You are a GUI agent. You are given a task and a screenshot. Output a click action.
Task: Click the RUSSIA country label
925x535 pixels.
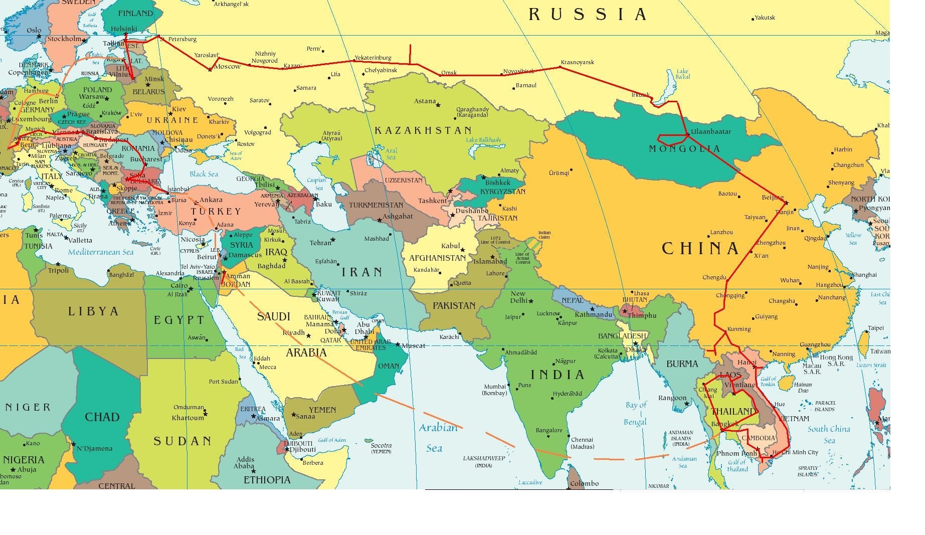[587, 15]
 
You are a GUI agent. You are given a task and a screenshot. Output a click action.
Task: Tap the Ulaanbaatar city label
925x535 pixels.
[710, 132]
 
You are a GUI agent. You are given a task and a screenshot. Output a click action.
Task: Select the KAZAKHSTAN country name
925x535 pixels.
[423, 130]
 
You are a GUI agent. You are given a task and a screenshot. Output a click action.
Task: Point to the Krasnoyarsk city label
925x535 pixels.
[577, 62]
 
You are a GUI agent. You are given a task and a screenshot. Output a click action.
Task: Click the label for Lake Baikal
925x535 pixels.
[682, 74]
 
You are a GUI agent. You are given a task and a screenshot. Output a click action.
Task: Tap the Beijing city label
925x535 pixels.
[772, 198]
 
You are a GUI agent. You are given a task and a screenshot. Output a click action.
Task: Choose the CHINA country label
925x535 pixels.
[700, 248]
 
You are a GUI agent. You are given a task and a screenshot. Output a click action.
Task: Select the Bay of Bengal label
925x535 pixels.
[636, 413]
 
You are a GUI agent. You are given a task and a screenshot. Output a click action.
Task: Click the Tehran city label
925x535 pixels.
[320, 243]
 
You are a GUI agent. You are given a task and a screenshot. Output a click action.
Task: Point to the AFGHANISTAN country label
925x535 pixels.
[438, 258]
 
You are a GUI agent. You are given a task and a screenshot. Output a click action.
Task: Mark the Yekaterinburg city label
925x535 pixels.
[373, 58]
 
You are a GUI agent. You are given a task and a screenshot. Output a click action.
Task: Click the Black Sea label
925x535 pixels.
[204, 174]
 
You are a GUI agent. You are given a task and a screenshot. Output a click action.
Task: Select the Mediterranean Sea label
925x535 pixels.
[101, 252]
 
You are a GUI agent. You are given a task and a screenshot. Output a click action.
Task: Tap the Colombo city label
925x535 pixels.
[584, 483]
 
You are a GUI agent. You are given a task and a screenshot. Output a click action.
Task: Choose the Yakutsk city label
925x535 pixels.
[765, 18]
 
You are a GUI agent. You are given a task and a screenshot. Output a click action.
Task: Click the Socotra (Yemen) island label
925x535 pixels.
[381, 448]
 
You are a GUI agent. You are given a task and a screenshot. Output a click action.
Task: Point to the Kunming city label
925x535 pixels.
[738, 329]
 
